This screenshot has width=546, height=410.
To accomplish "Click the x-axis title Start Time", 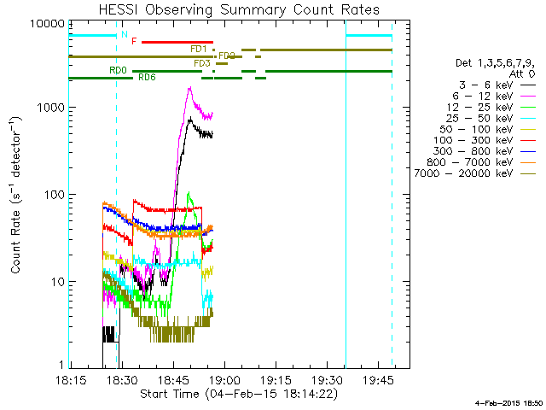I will click(x=239, y=395).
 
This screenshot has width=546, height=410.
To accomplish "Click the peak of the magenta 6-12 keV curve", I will click(x=190, y=88).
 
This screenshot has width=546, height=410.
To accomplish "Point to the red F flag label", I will click(x=134, y=41).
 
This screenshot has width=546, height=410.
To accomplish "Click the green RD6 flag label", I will click(x=147, y=78).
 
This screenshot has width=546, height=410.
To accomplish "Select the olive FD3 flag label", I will click(x=202, y=63).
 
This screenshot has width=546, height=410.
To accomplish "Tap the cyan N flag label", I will click(x=125, y=35).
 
